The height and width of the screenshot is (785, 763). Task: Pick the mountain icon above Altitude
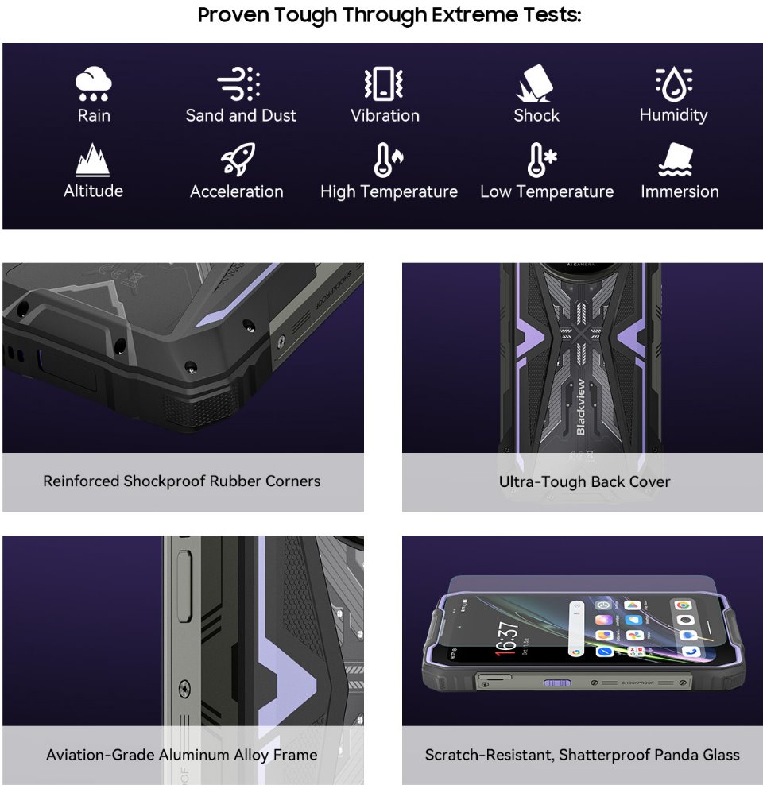(x=93, y=160)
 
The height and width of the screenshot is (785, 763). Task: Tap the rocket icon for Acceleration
(x=237, y=160)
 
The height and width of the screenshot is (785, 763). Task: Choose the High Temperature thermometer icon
(x=388, y=160)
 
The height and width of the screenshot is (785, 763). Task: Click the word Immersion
(x=680, y=191)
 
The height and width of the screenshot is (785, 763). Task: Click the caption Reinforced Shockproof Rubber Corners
(x=182, y=481)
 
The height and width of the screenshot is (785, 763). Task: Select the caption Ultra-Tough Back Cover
(x=584, y=481)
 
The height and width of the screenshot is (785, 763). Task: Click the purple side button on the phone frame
(x=553, y=683)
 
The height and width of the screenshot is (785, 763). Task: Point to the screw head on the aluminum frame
(x=185, y=688)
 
